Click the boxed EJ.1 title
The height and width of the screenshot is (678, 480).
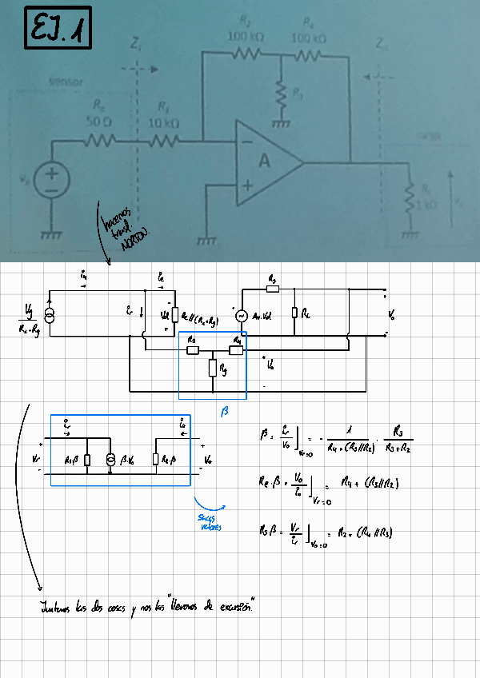[58, 29]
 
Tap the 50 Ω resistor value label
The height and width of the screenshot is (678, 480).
[98, 122]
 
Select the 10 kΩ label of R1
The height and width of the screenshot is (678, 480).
[164, 123]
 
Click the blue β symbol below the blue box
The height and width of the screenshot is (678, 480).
[224, 411]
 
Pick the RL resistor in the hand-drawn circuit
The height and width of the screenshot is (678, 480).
[294, 313]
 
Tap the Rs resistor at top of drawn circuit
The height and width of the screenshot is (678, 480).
[272, 289]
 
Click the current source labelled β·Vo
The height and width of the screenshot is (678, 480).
[110, 461]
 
